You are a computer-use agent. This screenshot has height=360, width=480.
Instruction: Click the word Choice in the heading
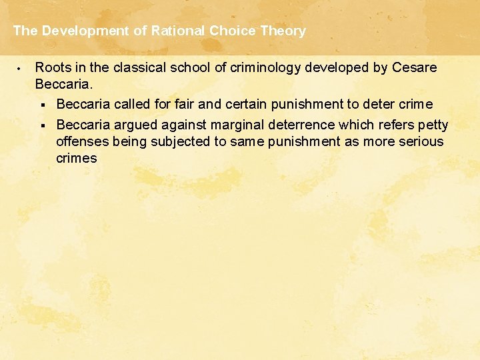pos(230,31)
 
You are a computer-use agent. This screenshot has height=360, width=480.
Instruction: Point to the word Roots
pos(51,67)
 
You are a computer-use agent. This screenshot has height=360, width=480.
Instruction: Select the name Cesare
pos(415,67)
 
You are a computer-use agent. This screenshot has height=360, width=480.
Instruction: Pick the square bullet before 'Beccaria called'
pos(42,105)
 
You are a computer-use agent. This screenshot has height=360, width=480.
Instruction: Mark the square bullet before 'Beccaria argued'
pos(42,125)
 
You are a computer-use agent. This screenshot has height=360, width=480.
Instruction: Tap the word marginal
pos(236,125)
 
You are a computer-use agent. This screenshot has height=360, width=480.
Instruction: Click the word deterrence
pos(299,125)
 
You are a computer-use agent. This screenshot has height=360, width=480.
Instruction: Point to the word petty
pos(433,125)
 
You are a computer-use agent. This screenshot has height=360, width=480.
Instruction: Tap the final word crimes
pos(77,158)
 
